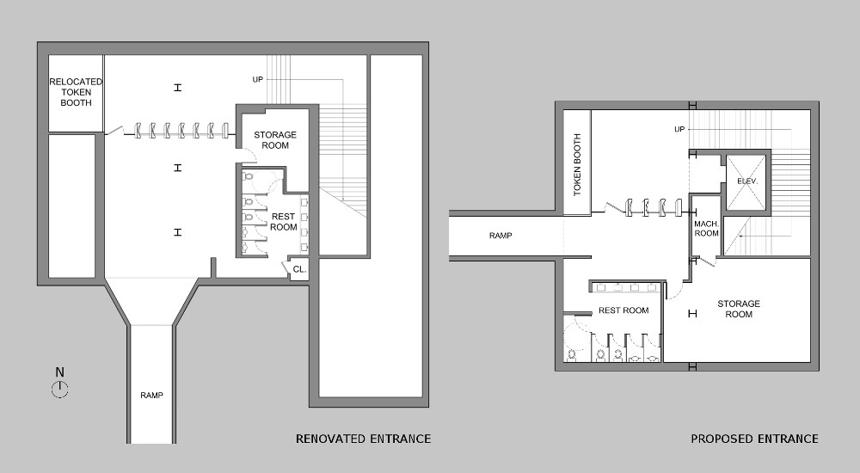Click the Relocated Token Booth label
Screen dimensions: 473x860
click(76, 92)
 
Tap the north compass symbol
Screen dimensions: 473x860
click(59, 390)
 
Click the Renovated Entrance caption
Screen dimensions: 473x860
click(363, 439)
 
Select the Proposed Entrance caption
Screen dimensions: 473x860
click(754, 439)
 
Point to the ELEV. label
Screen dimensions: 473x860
click(746, 181)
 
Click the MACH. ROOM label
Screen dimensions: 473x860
click(706, 228)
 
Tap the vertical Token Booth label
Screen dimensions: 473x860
click(577, 164)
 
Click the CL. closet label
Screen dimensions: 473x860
click(299, 269)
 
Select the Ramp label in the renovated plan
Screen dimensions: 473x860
click(151, 396)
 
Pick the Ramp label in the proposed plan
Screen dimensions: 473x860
click(501, 235)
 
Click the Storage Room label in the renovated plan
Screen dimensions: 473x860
click(275, 140)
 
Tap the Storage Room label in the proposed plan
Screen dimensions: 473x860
click(739, 309)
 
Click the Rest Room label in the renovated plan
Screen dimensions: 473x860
click(284, 222)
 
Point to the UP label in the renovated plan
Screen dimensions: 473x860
click(257, 79)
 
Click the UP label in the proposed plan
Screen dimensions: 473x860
click(679, 129)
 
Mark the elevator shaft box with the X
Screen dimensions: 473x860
click(746, 181)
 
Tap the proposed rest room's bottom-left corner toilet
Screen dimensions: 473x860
click(571, 353)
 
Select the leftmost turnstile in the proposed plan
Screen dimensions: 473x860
click(630, 207)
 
